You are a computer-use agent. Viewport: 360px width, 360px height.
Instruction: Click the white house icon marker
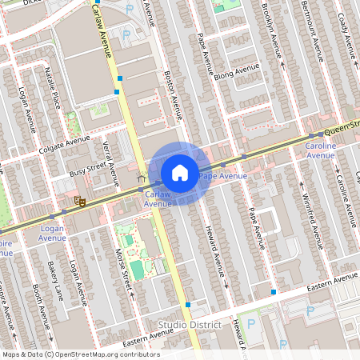[x=180, y=173]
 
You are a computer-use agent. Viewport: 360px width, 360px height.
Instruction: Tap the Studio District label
[x=190, y=324]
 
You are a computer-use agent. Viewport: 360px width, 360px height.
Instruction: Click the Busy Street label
[x=87, y=170]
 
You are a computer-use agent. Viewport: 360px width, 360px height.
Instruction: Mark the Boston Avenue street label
[x=174, y=94]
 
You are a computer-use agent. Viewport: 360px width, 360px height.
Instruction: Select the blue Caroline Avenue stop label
[x=321, y=150]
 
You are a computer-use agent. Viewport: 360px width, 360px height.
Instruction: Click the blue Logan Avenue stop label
[x=52, y=233]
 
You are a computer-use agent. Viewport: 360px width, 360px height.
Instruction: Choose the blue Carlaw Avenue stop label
[x=158, y=198]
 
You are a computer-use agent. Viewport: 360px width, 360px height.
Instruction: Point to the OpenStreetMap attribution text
[x=80, y=354]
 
